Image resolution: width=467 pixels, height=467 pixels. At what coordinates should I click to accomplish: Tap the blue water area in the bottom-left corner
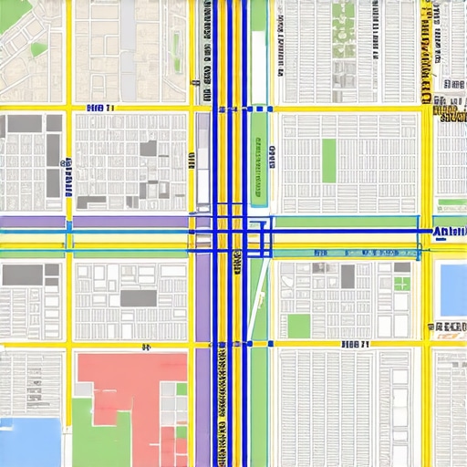point(32,442)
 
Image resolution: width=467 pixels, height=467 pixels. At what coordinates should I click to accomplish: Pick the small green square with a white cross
point(401,282)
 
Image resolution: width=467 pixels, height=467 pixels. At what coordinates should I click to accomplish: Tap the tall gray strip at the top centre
point(129,36)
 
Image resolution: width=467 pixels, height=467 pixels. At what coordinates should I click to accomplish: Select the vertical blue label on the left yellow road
point(67,174)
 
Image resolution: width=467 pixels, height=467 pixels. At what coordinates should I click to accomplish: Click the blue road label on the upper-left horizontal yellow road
point(100,109)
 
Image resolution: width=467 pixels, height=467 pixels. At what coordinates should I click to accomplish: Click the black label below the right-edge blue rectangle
point(448,327)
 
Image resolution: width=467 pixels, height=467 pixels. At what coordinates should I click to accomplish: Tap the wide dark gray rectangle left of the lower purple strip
point(139,298)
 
